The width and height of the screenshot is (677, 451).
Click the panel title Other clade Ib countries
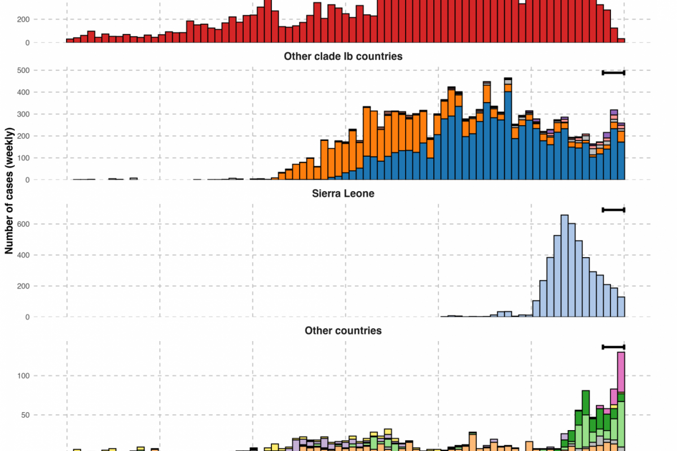pyautogui.click(x=343, y=56)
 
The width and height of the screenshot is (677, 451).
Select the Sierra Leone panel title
pyautogui.click(x=343, y=193)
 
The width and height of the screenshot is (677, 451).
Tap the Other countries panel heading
pyautogui.click(x=343, y=330)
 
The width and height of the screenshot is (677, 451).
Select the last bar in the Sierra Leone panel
pyautogui.click(x=621, y=307)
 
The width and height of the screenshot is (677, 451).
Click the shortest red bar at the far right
pyautogui.click(x=621, y=41)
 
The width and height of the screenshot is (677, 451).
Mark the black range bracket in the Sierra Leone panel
pyautogui.click(x=614, y=210)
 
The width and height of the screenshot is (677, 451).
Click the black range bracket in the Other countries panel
pyautogui.click(x=614, y=347)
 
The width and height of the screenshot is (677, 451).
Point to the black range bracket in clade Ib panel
pyautogui.click(x=614, y=73)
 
